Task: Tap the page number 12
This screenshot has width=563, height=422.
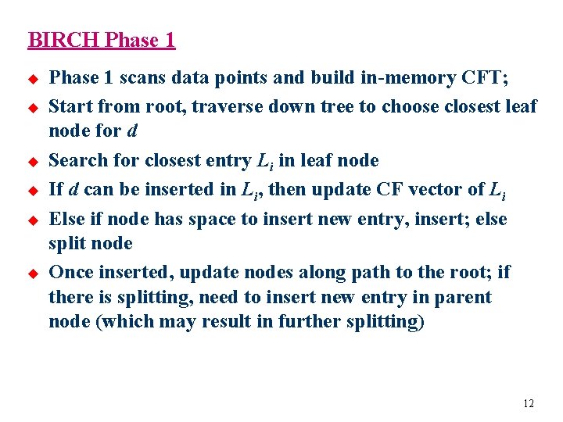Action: (529, 403)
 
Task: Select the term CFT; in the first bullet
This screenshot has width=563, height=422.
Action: (482, 78)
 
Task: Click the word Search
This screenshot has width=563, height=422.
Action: (74, 161)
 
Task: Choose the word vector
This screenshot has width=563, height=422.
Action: (442, 189)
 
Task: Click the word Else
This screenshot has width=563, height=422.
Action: (65, 220)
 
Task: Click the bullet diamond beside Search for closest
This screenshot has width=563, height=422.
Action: (33, 162)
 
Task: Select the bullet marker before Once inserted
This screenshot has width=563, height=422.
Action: (33, 273)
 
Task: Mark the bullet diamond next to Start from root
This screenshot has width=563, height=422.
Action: (33, 107)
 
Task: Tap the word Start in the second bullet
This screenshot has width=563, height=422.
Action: (68, 106)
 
